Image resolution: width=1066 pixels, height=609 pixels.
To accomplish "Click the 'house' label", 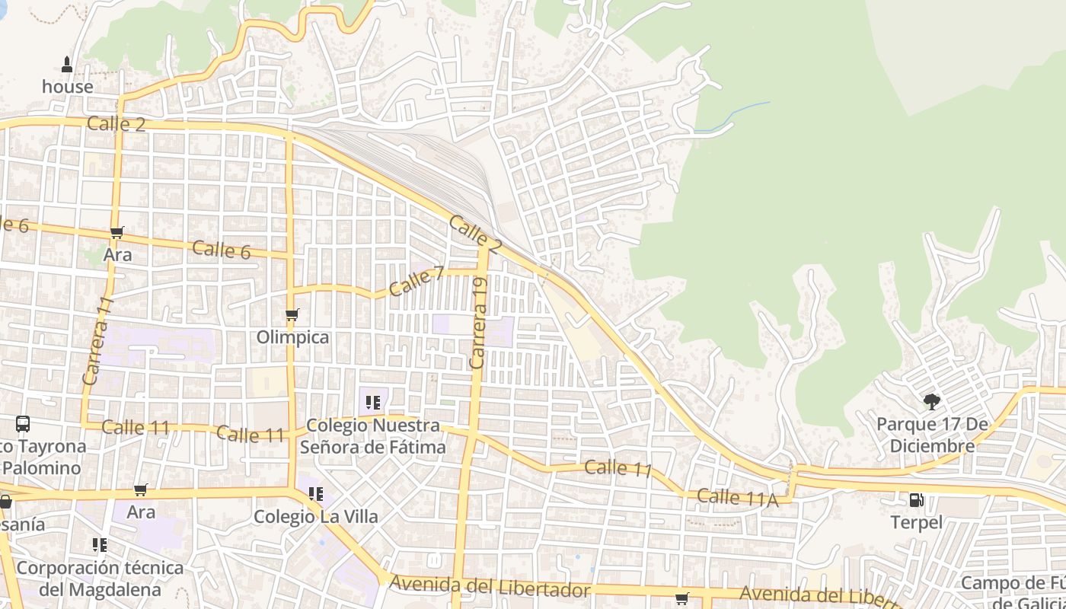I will pyautogui.click(x=68, y=87).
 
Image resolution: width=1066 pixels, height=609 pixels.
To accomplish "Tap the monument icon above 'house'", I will pyautogui.click(x=67, y=65).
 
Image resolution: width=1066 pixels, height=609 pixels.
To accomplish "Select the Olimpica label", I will pyautogui.click(x=293, y=337).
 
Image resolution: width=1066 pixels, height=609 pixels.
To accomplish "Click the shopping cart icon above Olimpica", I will pyautogui.click(x=292, y=315).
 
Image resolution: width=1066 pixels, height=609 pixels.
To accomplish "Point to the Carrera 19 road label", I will pyautogui.click(x=478, y=324).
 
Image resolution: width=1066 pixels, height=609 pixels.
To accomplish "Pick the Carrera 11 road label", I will pyautogui.click(x=97, y=340).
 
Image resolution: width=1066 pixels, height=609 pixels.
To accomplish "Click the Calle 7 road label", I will pyautogui.click(x=417, y=282).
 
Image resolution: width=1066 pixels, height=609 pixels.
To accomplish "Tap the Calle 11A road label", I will pyautogui.click(x=737, y=498).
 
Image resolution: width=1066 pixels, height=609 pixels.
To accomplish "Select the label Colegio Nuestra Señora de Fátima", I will pyautogui.click(x=372, y=436).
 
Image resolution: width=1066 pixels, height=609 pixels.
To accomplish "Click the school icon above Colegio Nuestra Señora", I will pyautogui.click(x=372, y=402).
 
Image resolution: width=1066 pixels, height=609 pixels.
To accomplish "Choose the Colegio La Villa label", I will pyautogui.click(x=315, y=517).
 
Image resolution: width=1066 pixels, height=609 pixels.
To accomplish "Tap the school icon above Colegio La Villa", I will pyautogui.click(x=315, y=494).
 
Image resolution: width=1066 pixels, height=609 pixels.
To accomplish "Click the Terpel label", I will pyautogui.click(x=917, y=523).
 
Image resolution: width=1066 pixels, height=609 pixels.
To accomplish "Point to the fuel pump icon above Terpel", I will pyautogui.click(x=917, y=500).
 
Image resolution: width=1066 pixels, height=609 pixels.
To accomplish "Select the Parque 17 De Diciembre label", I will pyautogui.click(x=931, y=435).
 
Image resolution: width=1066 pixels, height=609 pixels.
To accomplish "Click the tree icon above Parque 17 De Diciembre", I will pyautogui.click(x=931, y=401).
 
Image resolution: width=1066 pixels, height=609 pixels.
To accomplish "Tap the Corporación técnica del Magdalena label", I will pyautogui.click(x=100, y=579).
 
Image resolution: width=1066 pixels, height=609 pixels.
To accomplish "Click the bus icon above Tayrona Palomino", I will pyautogui.click(x=23, y=424).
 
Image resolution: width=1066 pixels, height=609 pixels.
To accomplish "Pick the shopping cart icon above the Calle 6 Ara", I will pyautogui.click(x=117, y=232).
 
